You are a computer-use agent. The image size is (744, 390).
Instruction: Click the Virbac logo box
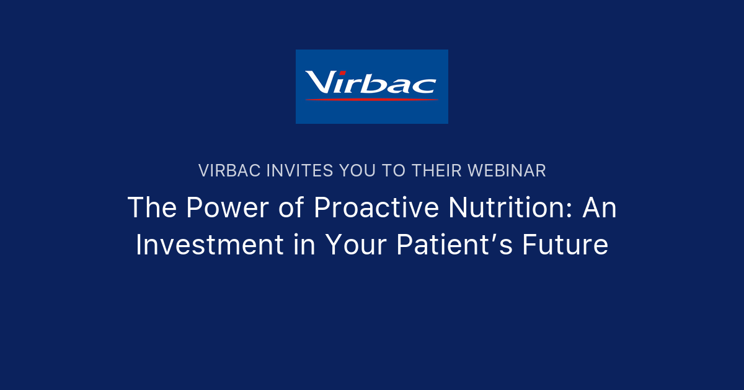371,86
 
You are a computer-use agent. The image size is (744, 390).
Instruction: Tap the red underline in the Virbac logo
372,99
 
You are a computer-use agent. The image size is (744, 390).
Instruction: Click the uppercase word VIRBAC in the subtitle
229,171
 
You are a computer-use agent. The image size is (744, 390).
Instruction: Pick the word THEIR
438,171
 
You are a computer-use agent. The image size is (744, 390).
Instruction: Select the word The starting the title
149,208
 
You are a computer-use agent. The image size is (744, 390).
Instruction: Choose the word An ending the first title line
600,208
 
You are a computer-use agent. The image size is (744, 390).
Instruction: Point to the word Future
565,245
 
